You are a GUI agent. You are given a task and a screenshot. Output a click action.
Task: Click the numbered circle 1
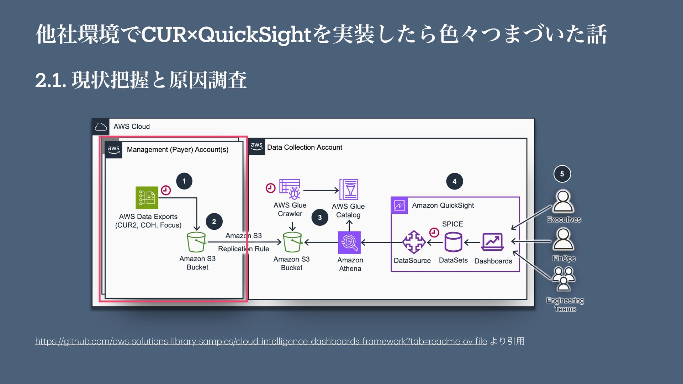point(184,181)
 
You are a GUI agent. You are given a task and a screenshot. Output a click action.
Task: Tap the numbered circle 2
point(214,222)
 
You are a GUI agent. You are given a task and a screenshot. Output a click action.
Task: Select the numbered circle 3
point(320,218)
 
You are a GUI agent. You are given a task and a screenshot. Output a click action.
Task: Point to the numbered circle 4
point(454,181)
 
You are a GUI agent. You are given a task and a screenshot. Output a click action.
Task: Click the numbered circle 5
point(562,174)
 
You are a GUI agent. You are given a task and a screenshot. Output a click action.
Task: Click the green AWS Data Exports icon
point(147,198)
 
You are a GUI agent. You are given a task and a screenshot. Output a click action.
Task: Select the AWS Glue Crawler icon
point(290,189)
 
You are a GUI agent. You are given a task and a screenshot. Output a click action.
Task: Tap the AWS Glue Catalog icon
point(349,190)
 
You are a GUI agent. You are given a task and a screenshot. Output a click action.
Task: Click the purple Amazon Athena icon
point(349,242)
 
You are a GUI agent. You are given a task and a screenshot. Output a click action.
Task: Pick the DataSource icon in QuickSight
point(413,242)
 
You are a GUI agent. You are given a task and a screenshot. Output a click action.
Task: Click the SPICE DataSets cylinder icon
point(453,242)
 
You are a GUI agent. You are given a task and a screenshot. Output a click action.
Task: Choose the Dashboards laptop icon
point(493,242)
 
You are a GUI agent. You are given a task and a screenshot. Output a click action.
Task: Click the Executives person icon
point(563,202)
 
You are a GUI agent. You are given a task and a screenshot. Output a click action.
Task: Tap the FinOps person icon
point(563,239)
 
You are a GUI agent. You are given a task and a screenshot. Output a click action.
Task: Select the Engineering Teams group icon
point(563,279)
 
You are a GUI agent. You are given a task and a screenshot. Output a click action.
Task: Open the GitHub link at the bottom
point(261,341)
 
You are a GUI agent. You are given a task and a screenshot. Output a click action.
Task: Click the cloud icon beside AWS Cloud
point(101,127)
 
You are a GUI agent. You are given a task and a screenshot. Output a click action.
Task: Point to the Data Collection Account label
point(305,147)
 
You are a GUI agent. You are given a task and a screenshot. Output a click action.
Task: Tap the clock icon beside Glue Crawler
point(270,188)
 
